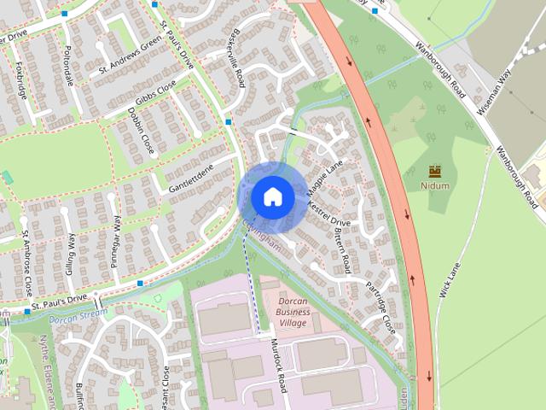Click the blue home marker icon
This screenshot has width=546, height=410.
272,196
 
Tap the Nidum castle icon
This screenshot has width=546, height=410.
435,171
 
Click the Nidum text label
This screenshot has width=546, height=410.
435,185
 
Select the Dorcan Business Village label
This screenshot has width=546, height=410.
293,312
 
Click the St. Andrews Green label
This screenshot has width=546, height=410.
130,58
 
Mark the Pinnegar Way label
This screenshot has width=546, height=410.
116,242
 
